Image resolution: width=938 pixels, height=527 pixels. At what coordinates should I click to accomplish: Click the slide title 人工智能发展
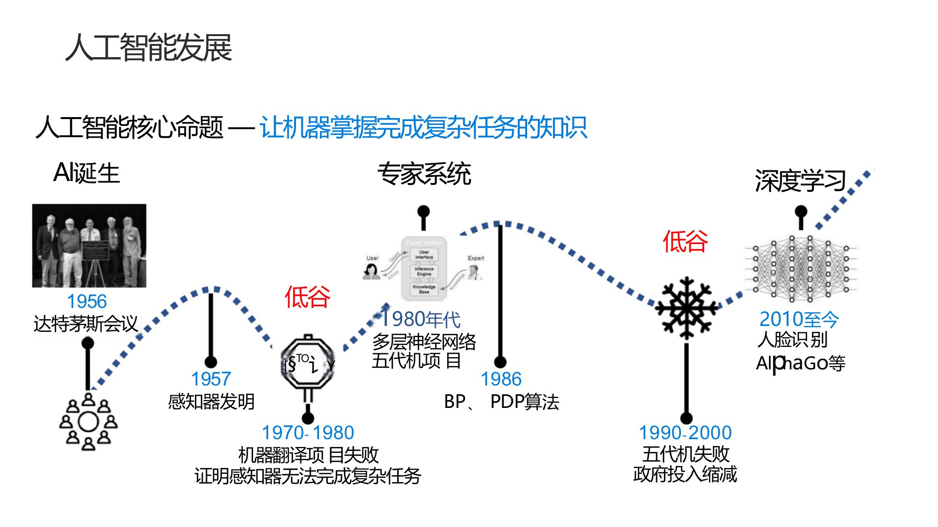[x=149, y=48]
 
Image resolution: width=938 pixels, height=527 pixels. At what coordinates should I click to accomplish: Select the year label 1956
[x=86, y=302]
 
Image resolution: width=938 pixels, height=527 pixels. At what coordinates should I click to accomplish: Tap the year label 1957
[x=211, y=379]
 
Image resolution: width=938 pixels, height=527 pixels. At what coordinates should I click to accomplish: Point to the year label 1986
[x=501, y=379]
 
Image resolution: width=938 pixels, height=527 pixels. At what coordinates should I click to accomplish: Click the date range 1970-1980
[x=308, y=433]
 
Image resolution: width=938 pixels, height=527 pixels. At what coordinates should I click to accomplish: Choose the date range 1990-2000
[x=685, y=433]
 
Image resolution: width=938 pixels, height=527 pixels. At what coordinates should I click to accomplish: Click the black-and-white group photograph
[x=89, y=245]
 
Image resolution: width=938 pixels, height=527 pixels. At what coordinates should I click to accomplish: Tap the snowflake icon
[x=687, y=308]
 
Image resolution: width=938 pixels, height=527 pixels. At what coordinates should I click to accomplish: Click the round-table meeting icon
[x=88, y=422]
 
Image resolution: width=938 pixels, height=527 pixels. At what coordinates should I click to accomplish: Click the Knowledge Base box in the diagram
[x=424, y=289]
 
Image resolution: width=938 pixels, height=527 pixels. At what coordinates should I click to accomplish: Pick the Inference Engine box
[x=424, y=271]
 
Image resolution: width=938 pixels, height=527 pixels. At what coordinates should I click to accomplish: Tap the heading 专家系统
[x=424, y=174]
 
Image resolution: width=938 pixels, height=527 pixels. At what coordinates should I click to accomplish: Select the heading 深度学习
[x=800, y=181]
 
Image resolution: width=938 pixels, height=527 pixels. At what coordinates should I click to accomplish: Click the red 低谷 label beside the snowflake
[x=685, y=241]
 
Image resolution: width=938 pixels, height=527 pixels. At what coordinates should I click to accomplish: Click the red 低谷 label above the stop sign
[x=307, y=297]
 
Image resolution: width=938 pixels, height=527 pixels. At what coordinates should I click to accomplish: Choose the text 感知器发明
[x=211, y=402]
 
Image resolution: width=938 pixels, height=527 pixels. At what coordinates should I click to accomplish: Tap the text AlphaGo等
[x=800, y=364]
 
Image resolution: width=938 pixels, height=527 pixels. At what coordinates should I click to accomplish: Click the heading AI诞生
[x=86, y=173]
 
